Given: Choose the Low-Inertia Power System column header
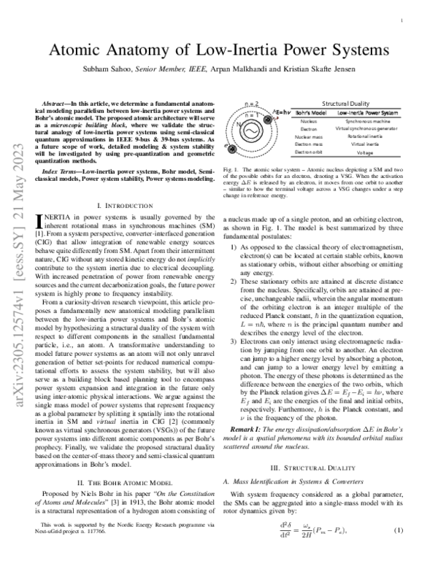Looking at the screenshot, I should pyautogui.click(x=367, y=114).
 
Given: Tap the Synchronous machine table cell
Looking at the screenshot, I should pyautogui.click(x=367, y=122).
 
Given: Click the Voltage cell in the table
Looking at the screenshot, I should pyautogui.click(x=367, y=152).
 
